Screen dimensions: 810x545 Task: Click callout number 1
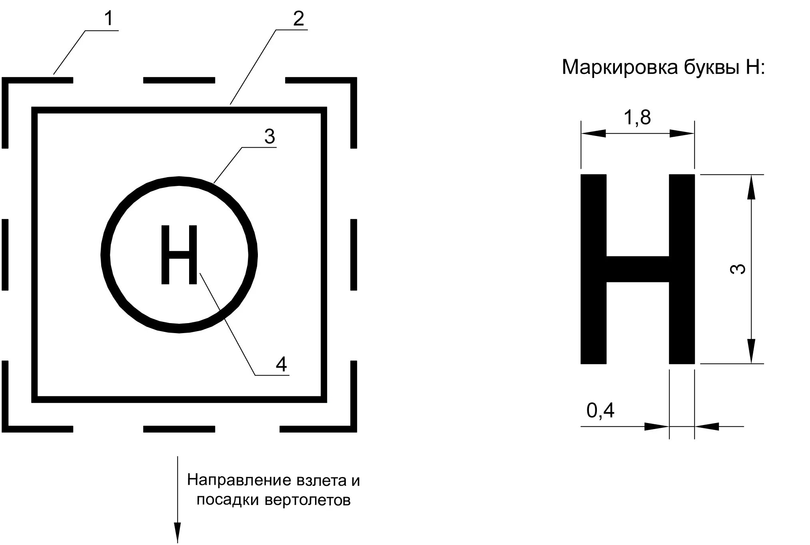pos(109,19)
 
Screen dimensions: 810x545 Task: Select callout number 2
pos(298,19)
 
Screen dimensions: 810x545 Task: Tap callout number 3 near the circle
pos(269,137)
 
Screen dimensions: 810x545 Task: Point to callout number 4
pos(281,364)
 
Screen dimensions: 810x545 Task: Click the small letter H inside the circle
pos(179,255)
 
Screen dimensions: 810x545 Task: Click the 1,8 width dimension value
pos(637,118)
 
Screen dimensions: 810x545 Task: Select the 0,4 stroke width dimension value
pos(600,410)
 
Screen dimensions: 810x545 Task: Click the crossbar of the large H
pos(637,269)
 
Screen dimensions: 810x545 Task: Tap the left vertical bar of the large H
pos(593,269)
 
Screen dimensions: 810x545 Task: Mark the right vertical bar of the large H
pos(682,269)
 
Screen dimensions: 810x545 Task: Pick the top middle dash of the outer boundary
pos(179,80)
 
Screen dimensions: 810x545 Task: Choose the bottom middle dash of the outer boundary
pos(179,429)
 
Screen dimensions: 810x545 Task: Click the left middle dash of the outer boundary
pos(5,255)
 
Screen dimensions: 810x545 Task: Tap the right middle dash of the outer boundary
pos(353,255)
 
